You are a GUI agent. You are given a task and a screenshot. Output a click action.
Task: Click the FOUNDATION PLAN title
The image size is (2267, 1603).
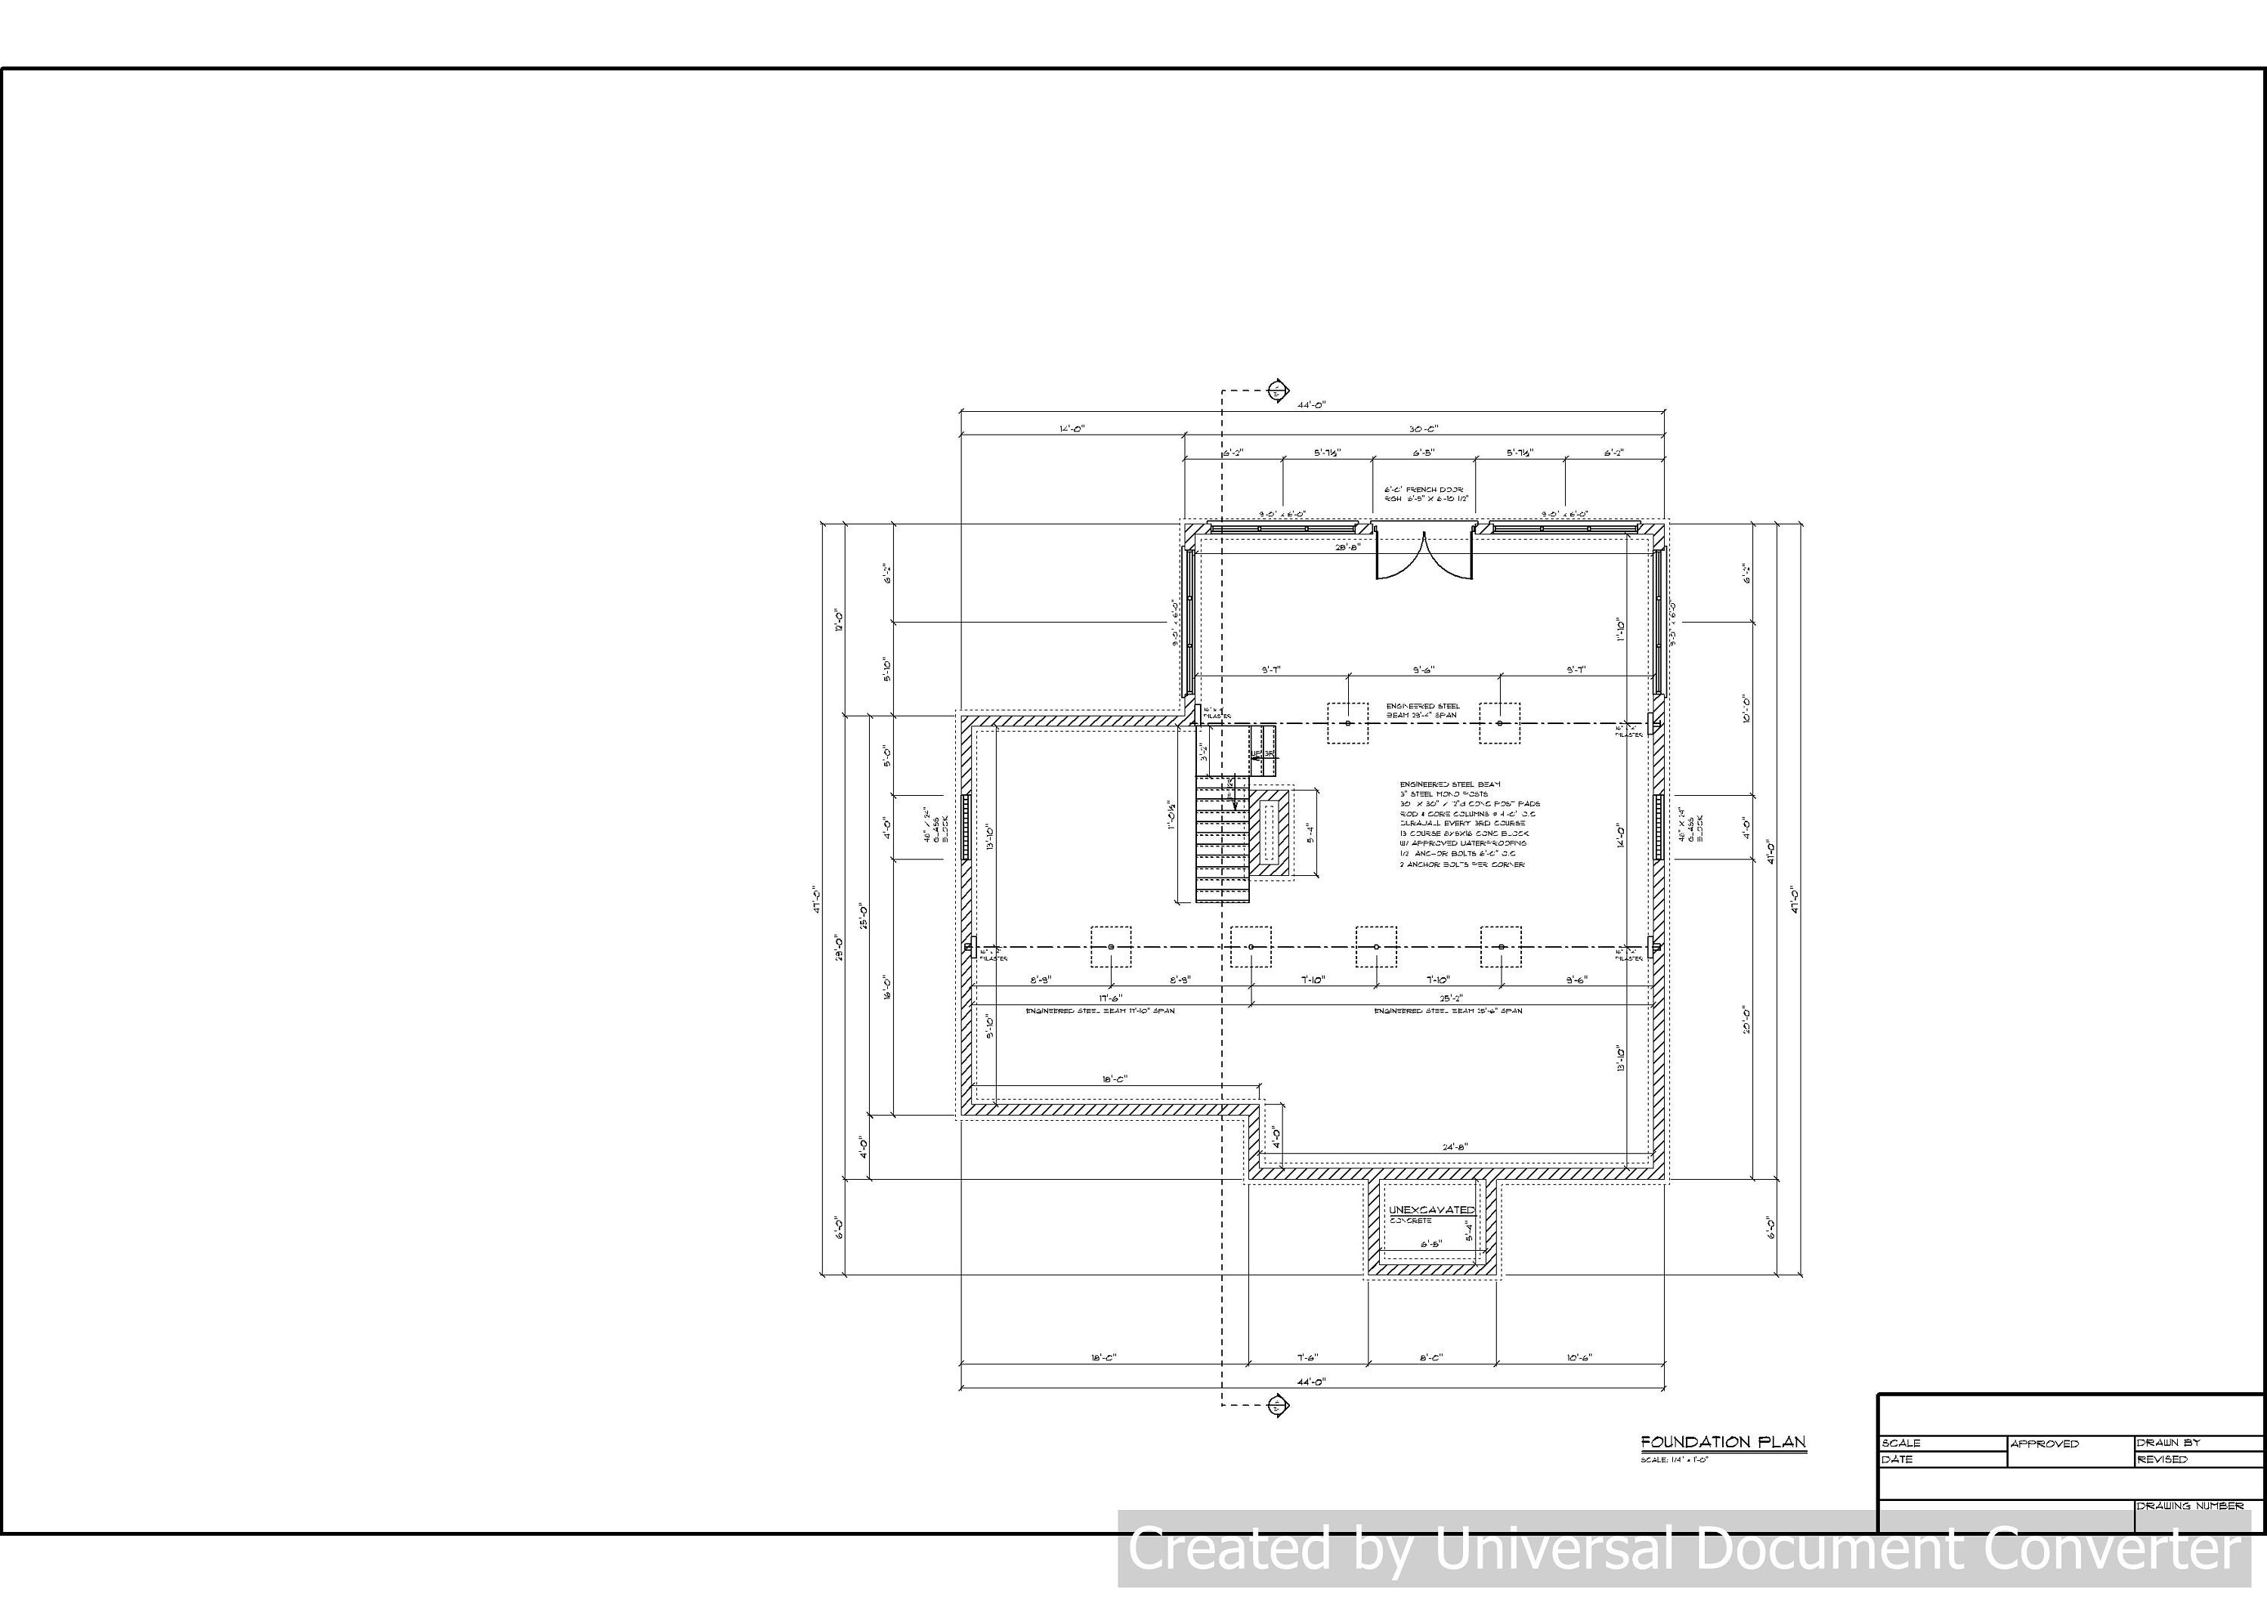(x=1723, y=1442)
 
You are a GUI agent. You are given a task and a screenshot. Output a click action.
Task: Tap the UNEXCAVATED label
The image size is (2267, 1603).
(x=1432, y=1210)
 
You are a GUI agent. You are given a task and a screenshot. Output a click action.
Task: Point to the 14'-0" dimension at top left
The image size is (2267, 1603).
(x=1072, y=429)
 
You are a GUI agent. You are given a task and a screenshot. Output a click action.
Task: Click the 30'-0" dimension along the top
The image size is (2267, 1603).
(x=1424, y=429)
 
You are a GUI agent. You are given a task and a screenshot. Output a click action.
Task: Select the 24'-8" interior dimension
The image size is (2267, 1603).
(x=1455, y=1147)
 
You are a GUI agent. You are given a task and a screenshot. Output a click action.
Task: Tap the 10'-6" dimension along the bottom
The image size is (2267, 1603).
(x=1579, y=1358)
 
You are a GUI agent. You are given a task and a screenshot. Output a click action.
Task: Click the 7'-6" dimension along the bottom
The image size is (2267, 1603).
(x=1307, y=1358)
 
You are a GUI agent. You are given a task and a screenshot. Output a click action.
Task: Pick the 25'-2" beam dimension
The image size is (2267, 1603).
(x=1449, y=998)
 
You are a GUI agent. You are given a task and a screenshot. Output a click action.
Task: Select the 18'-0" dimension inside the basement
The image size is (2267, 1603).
(x=1115, y=1079)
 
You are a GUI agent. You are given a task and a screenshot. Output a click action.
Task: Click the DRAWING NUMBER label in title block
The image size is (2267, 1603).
(x=2190, y=1506)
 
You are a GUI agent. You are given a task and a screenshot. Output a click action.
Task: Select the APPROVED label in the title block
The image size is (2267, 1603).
(x=2045, y=1444)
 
